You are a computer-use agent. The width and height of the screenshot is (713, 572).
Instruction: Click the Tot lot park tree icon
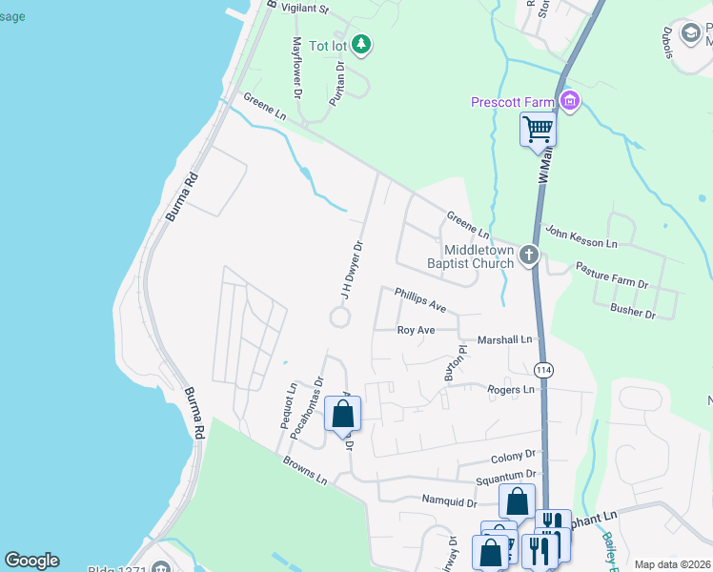coord(360,44)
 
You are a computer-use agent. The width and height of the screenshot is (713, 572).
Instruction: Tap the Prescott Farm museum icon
coord(570,101)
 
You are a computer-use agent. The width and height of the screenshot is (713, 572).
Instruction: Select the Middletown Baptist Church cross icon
coord(529,255)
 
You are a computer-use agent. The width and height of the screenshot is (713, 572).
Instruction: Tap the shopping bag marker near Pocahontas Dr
coord(343,415)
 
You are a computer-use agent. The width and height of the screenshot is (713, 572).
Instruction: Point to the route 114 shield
coord(543,370)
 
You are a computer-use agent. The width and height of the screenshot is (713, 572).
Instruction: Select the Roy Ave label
coord(416,330)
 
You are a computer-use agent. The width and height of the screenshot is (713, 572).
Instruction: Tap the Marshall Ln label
coord(503,339)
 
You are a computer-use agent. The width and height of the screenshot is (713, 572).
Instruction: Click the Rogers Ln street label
coord(511,389)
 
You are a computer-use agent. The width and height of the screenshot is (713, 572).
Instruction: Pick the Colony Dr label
coord(514,458)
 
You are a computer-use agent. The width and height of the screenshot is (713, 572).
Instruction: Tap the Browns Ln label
coord(304,471)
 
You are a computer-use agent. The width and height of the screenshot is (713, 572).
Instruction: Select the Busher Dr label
coord(633,310)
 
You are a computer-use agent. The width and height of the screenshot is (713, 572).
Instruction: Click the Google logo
coord(31,560)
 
